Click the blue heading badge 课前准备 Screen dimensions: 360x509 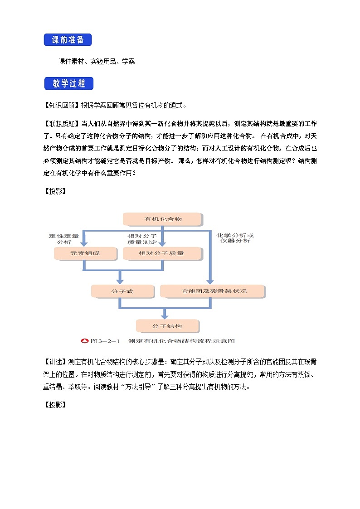click(68, 40)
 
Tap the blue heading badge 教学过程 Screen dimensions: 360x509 click(68, 84)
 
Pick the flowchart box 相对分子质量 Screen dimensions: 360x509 click(161, 253)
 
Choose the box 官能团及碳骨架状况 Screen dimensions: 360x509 click(212, 291)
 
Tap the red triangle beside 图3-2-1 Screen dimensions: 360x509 click(84, 341)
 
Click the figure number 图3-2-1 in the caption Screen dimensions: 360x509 click(104, 341)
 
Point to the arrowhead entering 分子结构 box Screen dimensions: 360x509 click(165, 316)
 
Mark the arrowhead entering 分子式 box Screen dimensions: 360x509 click(120, 281)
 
